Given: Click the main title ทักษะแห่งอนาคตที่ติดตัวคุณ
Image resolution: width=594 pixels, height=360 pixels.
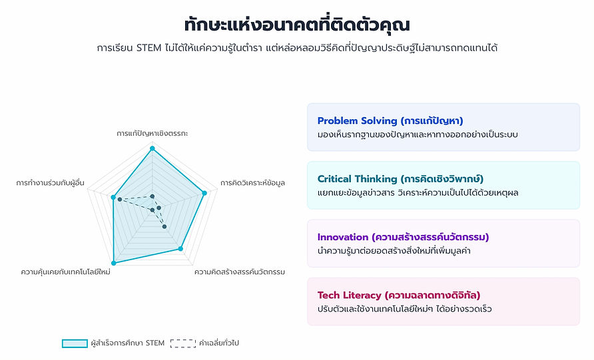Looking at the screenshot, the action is (297, 25).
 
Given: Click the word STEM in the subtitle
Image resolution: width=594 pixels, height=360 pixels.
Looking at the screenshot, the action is (149, 48).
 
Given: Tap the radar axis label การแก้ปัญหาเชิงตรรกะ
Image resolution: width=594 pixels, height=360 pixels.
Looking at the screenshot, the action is (152, 133).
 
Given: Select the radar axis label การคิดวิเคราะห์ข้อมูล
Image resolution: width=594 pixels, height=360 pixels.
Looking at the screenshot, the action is (252, 183).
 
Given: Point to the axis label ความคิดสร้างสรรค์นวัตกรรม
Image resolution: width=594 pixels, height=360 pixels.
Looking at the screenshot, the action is (240, 271).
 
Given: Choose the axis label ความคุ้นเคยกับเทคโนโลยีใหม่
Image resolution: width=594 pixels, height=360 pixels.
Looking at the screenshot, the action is (65, 271).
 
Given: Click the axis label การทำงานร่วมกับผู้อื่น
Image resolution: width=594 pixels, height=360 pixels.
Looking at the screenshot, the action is (50, 183).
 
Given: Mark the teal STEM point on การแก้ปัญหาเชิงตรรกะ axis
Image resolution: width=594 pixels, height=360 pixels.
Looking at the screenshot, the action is (152, 148).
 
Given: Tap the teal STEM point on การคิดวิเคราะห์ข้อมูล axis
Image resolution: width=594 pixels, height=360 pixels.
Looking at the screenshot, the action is (204, 193).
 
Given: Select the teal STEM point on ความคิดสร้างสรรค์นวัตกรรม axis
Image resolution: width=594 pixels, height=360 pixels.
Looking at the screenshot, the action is (180, 249).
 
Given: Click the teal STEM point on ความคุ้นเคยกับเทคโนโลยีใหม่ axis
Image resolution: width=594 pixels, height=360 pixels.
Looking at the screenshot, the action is (113, 263).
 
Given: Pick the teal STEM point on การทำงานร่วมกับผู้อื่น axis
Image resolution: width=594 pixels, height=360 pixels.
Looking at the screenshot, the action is (113, 197).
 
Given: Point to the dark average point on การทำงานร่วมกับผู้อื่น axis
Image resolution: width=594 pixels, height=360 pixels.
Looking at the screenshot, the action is (119, 200).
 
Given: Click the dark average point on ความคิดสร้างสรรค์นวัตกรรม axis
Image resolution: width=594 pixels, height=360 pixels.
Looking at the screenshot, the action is (164, 227).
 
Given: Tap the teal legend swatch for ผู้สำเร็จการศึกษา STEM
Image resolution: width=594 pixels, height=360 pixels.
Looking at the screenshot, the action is (75, 343).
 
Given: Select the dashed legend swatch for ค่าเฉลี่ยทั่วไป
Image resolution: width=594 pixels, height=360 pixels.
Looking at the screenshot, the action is (183, 343).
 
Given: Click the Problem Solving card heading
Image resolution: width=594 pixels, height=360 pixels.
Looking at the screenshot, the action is (390, 120).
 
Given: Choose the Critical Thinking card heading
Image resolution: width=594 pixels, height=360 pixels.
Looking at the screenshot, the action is (400, 179).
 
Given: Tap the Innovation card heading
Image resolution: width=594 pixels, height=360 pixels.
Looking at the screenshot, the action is (403, 237).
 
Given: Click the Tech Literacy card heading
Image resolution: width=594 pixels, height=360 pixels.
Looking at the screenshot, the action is (399, 295).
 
